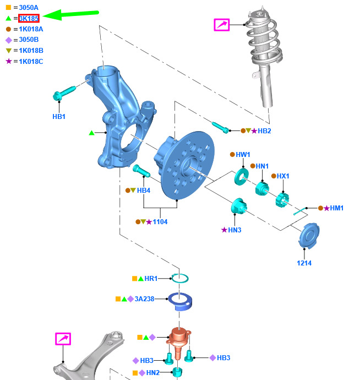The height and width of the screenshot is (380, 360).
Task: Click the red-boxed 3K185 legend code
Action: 29,18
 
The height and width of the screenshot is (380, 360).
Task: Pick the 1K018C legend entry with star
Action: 31,61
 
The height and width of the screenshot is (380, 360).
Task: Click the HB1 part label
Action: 59,117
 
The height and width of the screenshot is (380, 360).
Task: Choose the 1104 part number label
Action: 160,222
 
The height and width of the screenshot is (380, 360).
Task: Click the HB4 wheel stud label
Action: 143,191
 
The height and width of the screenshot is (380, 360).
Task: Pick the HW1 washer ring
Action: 242,177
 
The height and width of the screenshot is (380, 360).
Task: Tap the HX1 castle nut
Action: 282,198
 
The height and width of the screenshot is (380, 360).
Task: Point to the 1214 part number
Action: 304,263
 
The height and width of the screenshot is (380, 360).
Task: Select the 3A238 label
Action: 144,299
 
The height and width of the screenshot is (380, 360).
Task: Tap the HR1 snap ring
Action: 180,278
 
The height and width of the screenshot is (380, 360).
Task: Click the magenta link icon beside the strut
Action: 221,24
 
